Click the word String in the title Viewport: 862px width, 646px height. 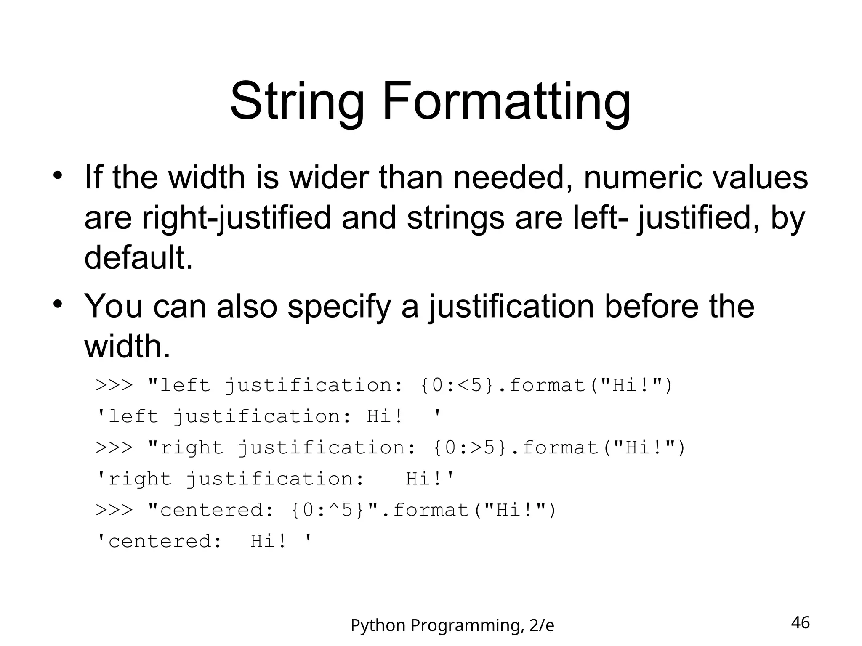tap(296, 102)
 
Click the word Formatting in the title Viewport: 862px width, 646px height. tap(506, 102)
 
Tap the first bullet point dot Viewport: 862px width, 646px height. tap(58, 175)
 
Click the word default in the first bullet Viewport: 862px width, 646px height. tap(138, 257)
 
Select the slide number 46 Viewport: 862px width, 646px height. tap(800, 623)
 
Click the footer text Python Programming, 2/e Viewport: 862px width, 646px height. tap(452, 626)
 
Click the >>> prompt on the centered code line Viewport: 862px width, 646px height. tap(114, 510)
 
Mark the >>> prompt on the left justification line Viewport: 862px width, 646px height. tap(114, 385)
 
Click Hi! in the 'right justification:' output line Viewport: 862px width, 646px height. tap(424, 479)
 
